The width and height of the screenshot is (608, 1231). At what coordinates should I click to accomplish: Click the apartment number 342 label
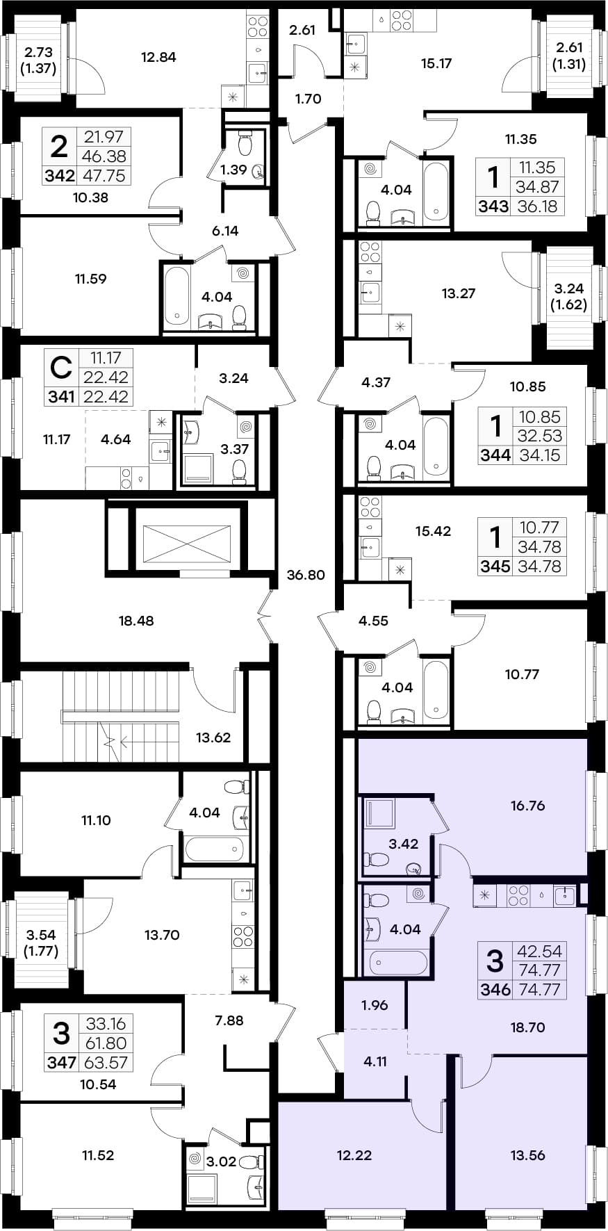(x=59, y=176)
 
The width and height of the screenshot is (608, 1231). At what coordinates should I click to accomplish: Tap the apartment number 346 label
(x=495, y=990)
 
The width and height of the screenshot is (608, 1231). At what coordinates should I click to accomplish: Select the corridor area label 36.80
(x=306, y=575)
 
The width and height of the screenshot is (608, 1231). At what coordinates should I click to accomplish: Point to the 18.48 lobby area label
(x=136, y=621)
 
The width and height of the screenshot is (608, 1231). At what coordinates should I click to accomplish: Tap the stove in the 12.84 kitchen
(x=258, y=26)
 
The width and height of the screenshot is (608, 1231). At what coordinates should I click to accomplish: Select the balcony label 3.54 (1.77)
(x=41, y=943)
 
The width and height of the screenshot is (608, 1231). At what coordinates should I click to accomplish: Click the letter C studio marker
(x=61, y=368)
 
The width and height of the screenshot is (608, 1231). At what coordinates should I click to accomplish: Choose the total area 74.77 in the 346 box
(x=540, y=990)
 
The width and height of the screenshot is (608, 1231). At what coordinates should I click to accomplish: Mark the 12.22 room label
(x=354, y=1155)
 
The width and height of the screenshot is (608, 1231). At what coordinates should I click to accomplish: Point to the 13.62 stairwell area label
(x=213, y=737)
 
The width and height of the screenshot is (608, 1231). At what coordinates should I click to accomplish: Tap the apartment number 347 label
(x=61, y=1062)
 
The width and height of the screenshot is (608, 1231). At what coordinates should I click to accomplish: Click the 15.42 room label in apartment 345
(x=433, y=531)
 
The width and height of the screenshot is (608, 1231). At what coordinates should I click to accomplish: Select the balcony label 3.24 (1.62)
(x=569, y=296)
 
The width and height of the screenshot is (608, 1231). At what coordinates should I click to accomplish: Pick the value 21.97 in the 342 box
(x=104, y=137)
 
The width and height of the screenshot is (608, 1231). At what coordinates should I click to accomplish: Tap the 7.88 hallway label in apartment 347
(x=229, y=1020)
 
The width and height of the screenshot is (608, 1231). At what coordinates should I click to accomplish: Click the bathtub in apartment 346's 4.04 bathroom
(x=398, y=963)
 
